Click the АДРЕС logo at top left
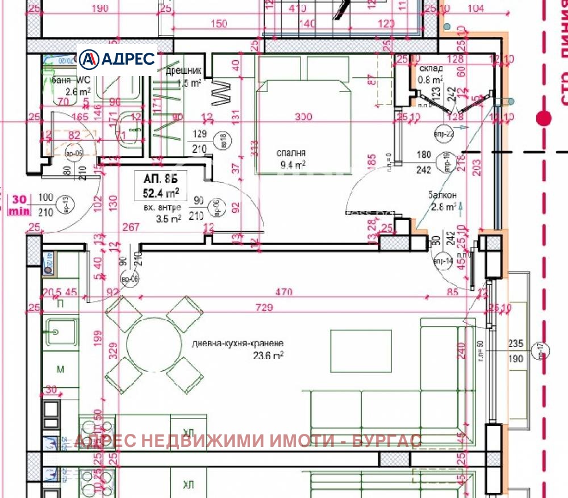116,58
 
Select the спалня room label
291,153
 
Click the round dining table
153,344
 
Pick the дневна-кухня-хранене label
237,344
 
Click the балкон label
442,195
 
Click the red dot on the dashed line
544,119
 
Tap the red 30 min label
19,205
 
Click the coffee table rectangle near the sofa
361,350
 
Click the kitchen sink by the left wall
59,329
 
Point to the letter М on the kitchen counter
60,370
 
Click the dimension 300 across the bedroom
303,117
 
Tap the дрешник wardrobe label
183,72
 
